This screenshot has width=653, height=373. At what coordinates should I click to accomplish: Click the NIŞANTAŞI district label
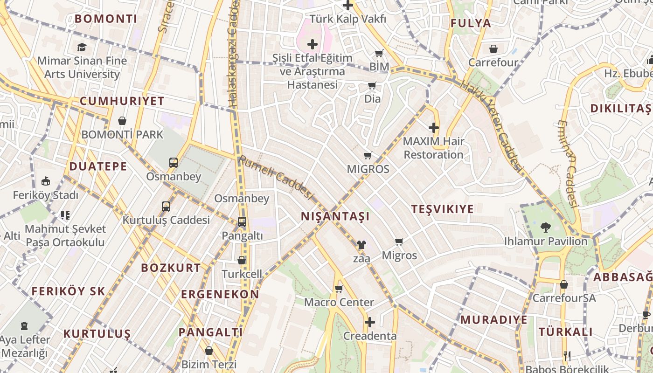tap(335, 216)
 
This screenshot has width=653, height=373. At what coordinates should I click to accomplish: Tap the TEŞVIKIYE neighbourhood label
tap(442, 209)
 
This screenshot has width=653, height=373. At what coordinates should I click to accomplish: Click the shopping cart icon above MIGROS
tap(368, 155)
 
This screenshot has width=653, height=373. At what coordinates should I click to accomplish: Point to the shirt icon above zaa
tap(361, 244)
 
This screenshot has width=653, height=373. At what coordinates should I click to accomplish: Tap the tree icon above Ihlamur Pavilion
tap(545, 228)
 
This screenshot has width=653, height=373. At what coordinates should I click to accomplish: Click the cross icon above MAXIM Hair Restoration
tap(434, 127)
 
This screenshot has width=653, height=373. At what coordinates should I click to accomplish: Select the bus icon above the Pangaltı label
tap(242, 222)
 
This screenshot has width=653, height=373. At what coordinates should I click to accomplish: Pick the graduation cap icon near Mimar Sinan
tap(82, 47)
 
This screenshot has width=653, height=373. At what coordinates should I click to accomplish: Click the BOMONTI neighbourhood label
tap(106, 19)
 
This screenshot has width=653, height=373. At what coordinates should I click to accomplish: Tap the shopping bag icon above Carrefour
tap(493, 49)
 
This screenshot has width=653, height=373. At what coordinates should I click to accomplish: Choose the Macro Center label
tap(339, 302)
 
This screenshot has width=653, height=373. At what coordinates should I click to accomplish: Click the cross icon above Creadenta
tap(369, 322)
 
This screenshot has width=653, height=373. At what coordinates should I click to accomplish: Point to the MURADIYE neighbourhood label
tap(494, 320)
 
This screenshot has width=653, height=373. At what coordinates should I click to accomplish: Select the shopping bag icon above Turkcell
tap(242, 260)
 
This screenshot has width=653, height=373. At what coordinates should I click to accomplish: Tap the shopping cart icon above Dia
tap(372, 85)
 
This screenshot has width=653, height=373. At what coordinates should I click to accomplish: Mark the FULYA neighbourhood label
tap(471, 23)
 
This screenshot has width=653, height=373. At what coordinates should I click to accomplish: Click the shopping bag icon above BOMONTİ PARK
tap(122, 121)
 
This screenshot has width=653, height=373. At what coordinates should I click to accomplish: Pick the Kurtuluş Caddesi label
tap(166, 220)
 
